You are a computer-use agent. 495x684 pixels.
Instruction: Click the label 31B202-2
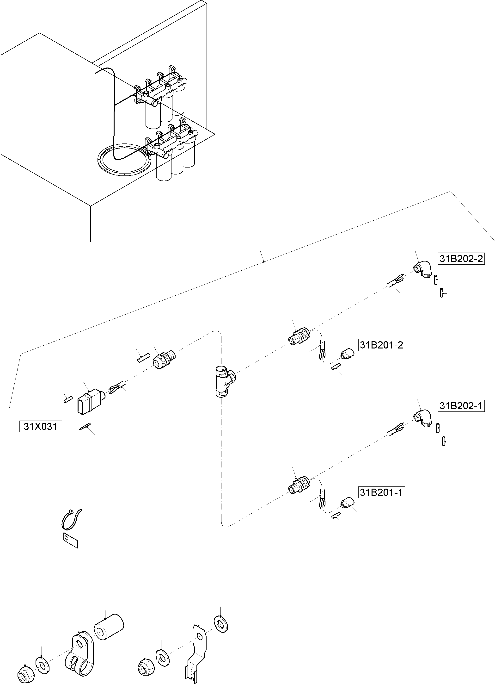pos(461,259)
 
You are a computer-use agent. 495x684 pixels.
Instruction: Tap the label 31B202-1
pos(461,406)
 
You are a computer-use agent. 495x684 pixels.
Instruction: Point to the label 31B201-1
pos(381,492)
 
